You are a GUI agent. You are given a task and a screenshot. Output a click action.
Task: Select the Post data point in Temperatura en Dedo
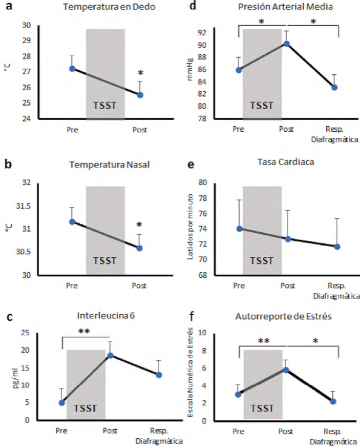[x=140, y=95]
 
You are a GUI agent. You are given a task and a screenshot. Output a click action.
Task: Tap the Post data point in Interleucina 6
[x=110, y=355]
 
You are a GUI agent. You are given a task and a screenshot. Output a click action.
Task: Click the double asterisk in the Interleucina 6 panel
[x=84, y=332]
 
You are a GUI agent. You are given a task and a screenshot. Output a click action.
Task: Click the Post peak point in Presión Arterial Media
[x=287, y=44]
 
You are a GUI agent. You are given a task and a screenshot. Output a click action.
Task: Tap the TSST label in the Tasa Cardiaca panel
[x=262, y=261]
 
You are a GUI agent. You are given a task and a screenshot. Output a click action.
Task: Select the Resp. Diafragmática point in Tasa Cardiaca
[x=337, y=247]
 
